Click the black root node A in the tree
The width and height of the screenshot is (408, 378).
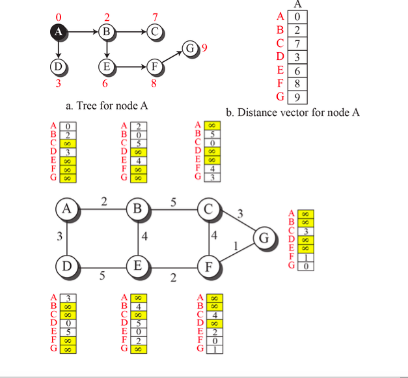(x=59, y=31)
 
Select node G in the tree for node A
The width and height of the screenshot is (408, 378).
(x=189, y=48)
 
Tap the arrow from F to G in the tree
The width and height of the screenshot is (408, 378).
(x=170, y=57)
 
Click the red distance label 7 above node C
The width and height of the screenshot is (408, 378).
(x=154, y=16)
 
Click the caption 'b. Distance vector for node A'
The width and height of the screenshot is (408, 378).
(x=293, y=112)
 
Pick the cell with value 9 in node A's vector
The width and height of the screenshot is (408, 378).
(x=297, y=98)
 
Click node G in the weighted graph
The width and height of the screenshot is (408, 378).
(x=264, y=239)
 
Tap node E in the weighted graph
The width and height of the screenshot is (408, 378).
(x=138, y=266)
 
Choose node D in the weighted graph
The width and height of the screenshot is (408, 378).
(x=66, y=266)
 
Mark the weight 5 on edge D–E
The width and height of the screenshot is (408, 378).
(x=102, y=276)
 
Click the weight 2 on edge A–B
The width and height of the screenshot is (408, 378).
(x=103, y=201)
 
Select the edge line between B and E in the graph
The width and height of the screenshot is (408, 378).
(x=138, y=237)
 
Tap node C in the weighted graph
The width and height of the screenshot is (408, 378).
(x=209, y=209)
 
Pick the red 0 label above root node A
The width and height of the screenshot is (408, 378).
(x=59, y=16)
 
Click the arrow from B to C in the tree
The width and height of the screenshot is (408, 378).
(x=129, y=31)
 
